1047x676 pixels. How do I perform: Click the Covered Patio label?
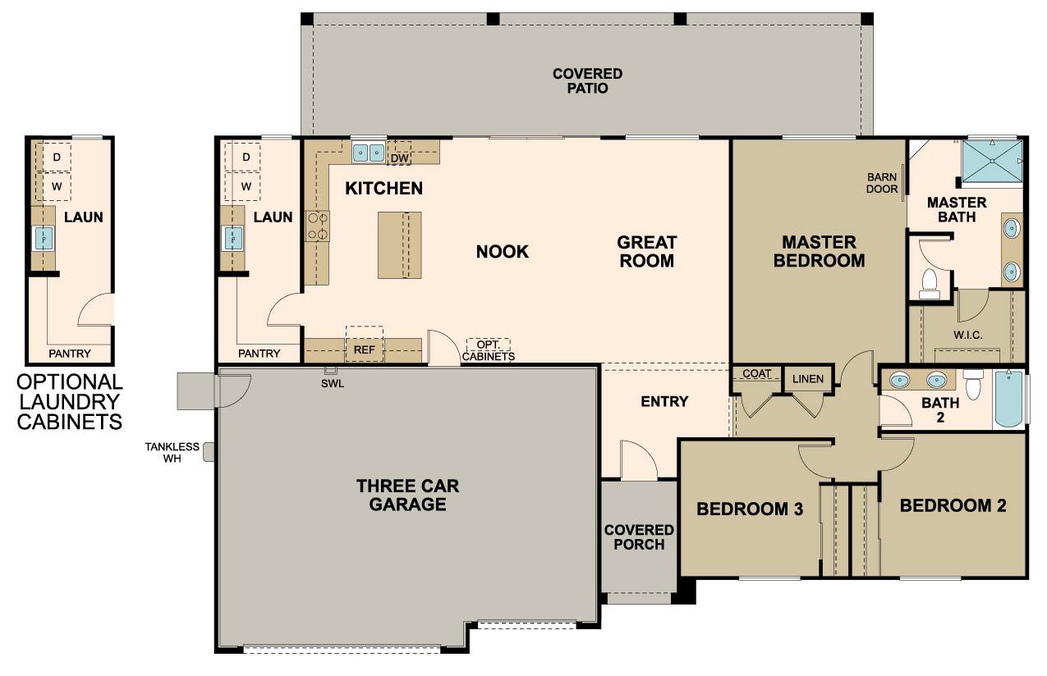[587, 80]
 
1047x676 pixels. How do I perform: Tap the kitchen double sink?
[369, 153]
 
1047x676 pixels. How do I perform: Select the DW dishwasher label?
[399, 158]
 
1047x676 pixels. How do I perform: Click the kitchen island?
[400, 245]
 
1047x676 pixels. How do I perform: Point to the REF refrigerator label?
[364, 349]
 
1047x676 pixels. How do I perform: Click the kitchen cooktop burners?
[317, 226]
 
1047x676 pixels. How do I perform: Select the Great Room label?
[647, 252]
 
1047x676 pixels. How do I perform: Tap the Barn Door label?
[882, 183]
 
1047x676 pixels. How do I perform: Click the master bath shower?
[992, 161]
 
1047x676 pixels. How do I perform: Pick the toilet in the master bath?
[930, 283]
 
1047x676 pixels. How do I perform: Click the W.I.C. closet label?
[967, 335]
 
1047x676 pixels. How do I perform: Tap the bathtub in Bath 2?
[1008, 398]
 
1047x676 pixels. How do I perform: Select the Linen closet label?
[808, 379]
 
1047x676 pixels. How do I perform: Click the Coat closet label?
[757, 373]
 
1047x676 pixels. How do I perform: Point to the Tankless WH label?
[172, 452]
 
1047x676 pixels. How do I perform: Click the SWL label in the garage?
[333, 384]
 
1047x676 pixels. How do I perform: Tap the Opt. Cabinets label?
[489, 350]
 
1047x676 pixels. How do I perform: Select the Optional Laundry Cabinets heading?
[70, 401]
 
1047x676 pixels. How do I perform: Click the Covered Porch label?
[639, 537]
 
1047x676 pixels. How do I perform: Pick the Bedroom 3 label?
[750, 509]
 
